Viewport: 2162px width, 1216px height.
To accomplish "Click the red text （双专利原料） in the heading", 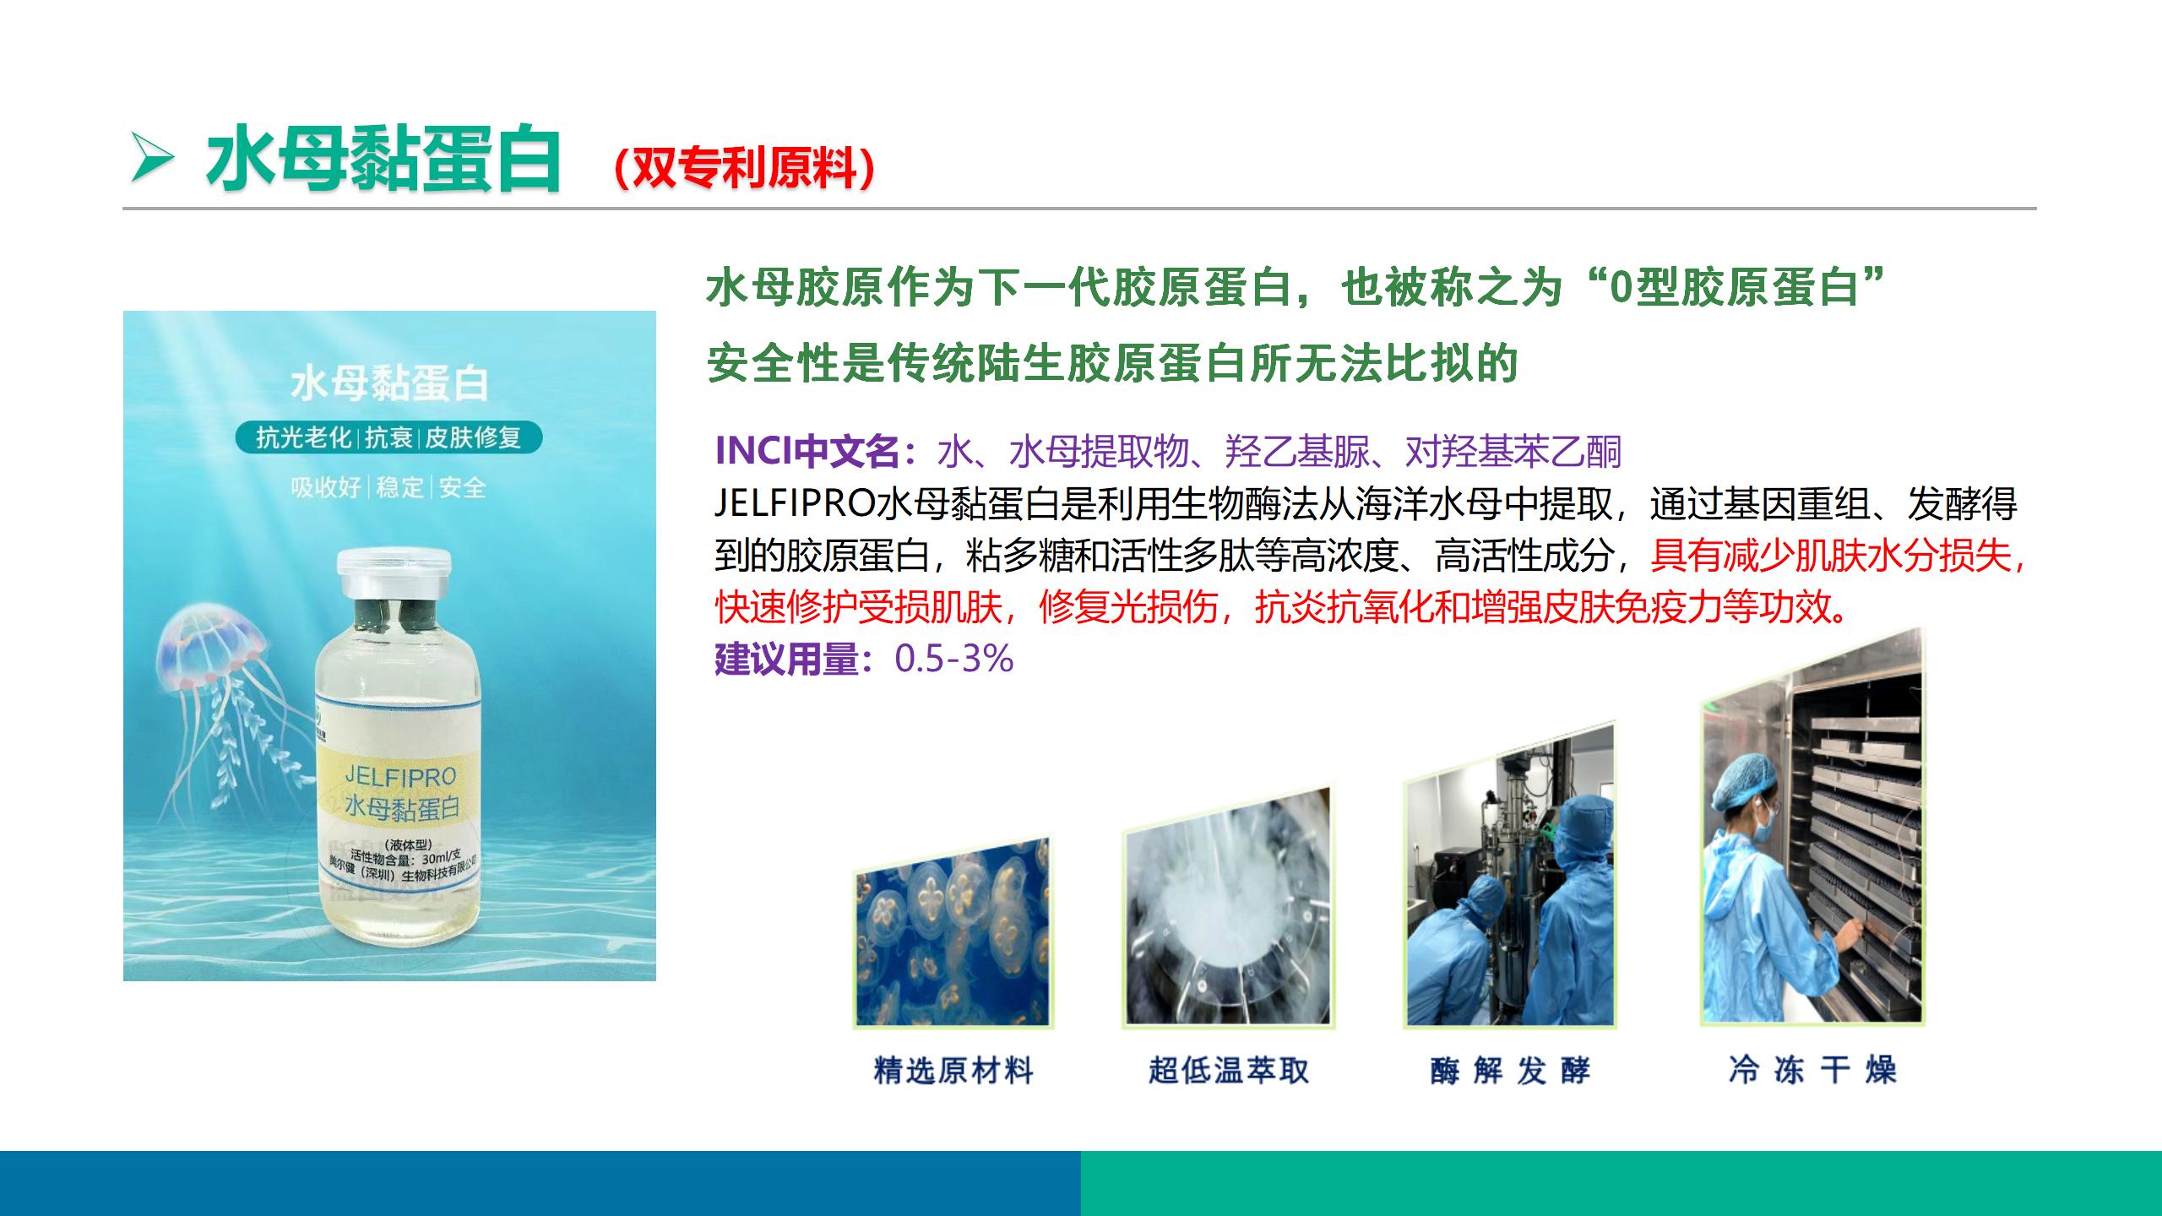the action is click(x=744, y=168).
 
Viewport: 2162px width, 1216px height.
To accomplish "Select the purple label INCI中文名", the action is click(x=807, y=452).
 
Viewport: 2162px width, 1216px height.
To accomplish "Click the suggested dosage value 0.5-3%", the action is click(x=953, y=659).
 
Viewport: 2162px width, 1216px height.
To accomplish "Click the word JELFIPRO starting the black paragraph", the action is click(x=794, y=504).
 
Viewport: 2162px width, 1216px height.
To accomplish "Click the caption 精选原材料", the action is click(x=953, y=1071).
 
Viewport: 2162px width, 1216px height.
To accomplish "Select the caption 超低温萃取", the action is click(x=1229, y=1071).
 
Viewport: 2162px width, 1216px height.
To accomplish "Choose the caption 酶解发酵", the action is click(x=1510, y=1071).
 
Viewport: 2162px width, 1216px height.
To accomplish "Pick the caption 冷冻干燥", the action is click(x=1812, y=1070).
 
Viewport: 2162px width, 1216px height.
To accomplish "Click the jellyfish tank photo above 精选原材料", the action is click(x=953, y=932).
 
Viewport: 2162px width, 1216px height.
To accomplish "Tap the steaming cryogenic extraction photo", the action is click(x=1228, y=907).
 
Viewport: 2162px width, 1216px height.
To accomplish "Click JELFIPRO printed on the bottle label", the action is click(x=400, y=775).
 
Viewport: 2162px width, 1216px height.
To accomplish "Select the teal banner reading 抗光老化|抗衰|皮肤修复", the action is click(x=388, y=437).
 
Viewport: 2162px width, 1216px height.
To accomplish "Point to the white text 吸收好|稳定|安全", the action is click(x=388, y=487).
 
